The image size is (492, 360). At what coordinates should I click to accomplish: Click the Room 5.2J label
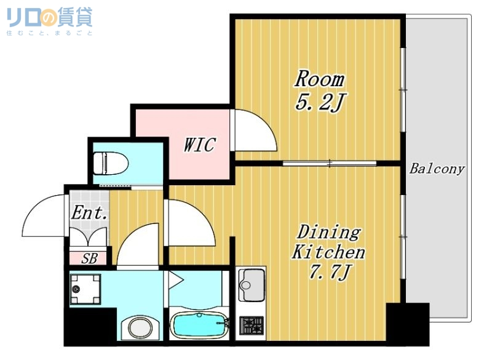pos(319,90)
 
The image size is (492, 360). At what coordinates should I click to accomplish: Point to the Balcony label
pos(437,169)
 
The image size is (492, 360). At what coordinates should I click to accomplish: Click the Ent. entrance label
pos(90,214)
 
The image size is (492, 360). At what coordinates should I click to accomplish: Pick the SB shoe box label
pos(89,258)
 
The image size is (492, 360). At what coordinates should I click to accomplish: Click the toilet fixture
pos(109,164)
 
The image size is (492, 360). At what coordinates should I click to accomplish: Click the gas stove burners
pos(252,325)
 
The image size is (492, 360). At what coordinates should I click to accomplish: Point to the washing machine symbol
pos(85,289)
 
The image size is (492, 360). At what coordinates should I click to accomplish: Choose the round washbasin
pos(140,327)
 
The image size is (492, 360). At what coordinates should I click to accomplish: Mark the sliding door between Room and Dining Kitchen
pos(330,163)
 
